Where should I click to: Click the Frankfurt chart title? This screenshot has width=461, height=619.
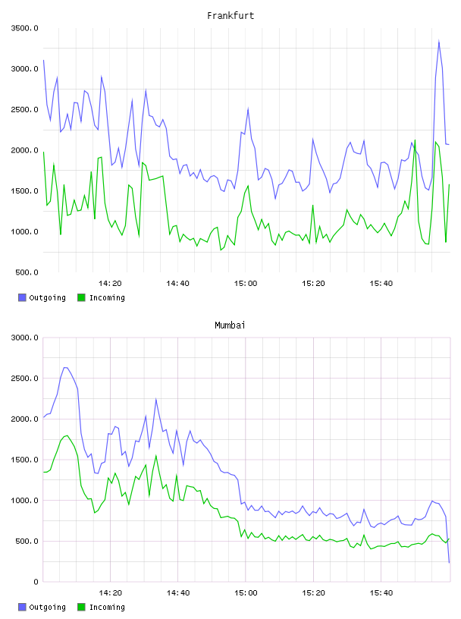pos(230,16)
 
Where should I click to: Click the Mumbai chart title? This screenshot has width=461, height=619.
pos(230,325)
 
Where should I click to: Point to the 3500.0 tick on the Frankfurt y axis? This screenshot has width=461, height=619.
pos(24,28)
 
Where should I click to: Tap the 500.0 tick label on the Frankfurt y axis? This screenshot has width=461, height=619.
pos(27,272)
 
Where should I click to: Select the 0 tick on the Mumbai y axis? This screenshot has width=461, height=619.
pos(36,582)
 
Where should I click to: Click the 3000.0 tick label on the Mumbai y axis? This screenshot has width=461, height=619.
pos(24,338)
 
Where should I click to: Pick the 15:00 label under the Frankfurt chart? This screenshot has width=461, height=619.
pos(246,284)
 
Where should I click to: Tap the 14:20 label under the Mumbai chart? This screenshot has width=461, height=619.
pos(110,593)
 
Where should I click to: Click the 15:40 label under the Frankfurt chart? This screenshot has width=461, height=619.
pos(381,284)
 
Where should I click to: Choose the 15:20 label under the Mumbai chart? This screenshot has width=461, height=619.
pos(313,593)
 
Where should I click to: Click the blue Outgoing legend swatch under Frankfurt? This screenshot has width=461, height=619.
pos(22,297)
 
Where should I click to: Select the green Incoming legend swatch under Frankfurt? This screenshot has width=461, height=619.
pos(81,297)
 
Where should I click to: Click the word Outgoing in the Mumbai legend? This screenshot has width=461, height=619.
pos(47,607)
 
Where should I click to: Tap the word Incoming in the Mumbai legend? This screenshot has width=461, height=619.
pos(107,607)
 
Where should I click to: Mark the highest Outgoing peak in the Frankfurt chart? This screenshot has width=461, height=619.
pos(439,41)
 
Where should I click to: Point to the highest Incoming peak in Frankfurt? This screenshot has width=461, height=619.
pos(416,140)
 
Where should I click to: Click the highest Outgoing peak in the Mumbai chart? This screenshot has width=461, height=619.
pos(65,367)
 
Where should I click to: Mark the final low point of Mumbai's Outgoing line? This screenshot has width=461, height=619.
pos(449,563)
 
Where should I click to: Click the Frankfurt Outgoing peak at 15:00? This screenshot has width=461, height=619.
pos(248,108)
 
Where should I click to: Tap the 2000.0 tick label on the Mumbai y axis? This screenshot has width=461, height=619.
pos(24,419)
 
